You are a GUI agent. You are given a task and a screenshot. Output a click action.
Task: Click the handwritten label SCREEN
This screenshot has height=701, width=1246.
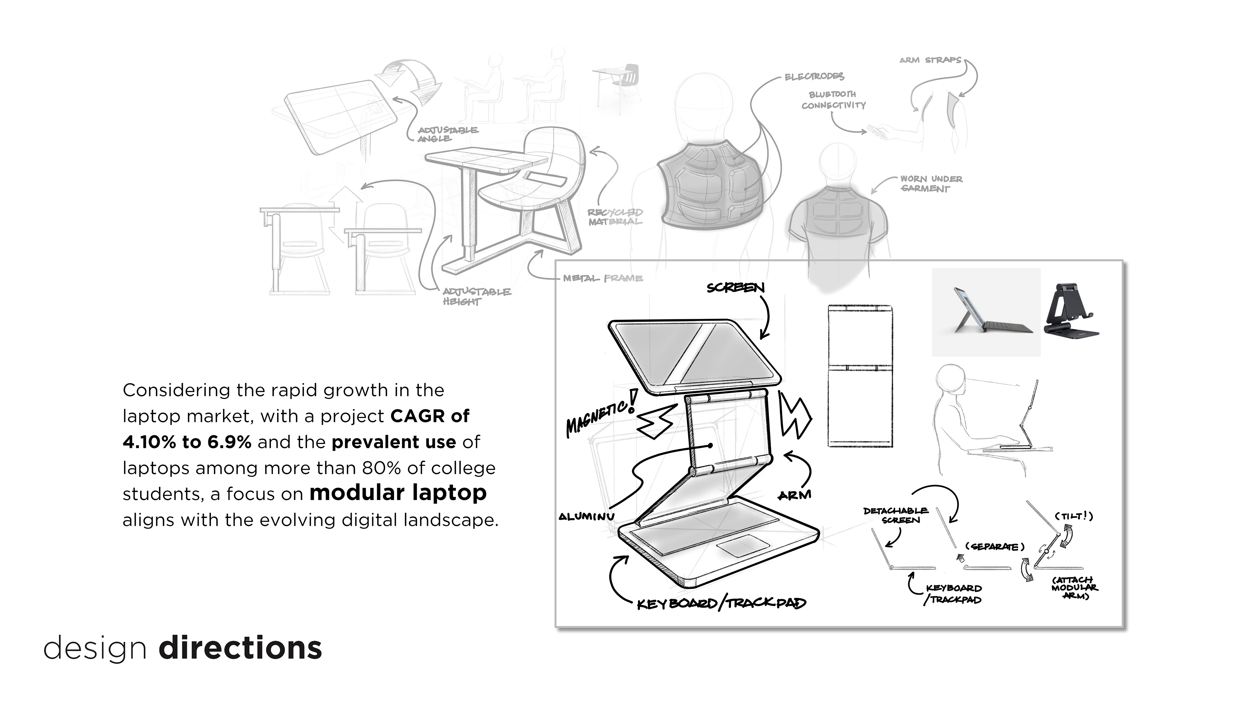(x=735, y=288)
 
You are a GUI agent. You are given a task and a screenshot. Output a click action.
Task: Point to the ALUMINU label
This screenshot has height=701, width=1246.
(x=586, y=517)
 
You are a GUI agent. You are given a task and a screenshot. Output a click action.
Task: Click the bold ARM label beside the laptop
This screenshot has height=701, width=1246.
(x=794, y=495)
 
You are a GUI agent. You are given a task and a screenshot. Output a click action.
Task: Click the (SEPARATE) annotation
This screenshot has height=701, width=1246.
(x=995, y=547)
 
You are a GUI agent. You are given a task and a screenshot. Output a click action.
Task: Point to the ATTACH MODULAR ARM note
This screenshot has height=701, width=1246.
(x=1074, y=588)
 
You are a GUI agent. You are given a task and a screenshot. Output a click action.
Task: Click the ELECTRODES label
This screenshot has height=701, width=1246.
(x=814, y=77)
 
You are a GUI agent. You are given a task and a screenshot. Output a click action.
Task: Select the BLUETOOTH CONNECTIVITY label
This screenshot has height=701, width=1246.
(x=833, y=100)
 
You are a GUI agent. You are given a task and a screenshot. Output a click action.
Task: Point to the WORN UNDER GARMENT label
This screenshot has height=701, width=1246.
(x=931, y=184)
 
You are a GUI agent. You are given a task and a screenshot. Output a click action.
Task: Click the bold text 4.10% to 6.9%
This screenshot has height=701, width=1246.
(x=187, y=442)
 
